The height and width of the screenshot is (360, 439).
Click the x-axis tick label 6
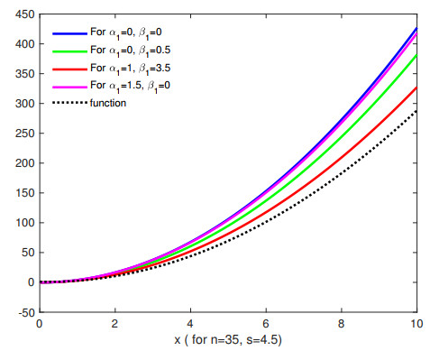point(265,321)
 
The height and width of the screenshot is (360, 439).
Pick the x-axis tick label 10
point(415,321)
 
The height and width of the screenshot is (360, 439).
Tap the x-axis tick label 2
point(114,321)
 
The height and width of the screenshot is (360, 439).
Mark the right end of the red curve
point(416,88)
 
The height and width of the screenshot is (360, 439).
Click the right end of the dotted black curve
point(416,111)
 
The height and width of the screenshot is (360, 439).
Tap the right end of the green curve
point(416,55)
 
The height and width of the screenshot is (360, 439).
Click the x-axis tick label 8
point(341,321)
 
